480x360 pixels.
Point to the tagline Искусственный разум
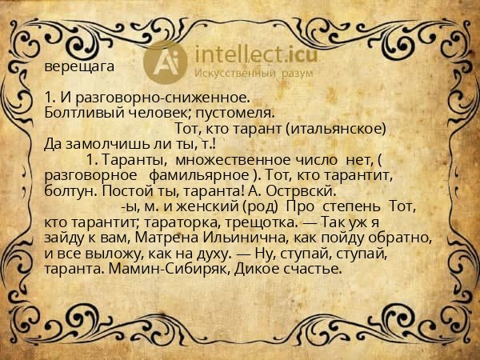point(255,73)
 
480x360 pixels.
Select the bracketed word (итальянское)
point(336,129)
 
